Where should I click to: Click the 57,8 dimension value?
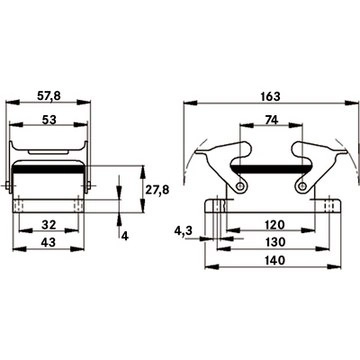tap(49, 96)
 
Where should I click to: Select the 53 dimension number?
tap(49, 120)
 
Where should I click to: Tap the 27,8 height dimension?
tap(157, 190)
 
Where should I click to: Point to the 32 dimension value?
tap(49, 225)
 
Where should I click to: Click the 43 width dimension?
tap(49, 243)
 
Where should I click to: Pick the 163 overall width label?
tap(271, 96)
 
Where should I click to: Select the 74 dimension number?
tap(271, 120)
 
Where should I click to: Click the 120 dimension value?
tap(274, 225)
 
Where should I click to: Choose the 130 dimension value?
tap(274, 242)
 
